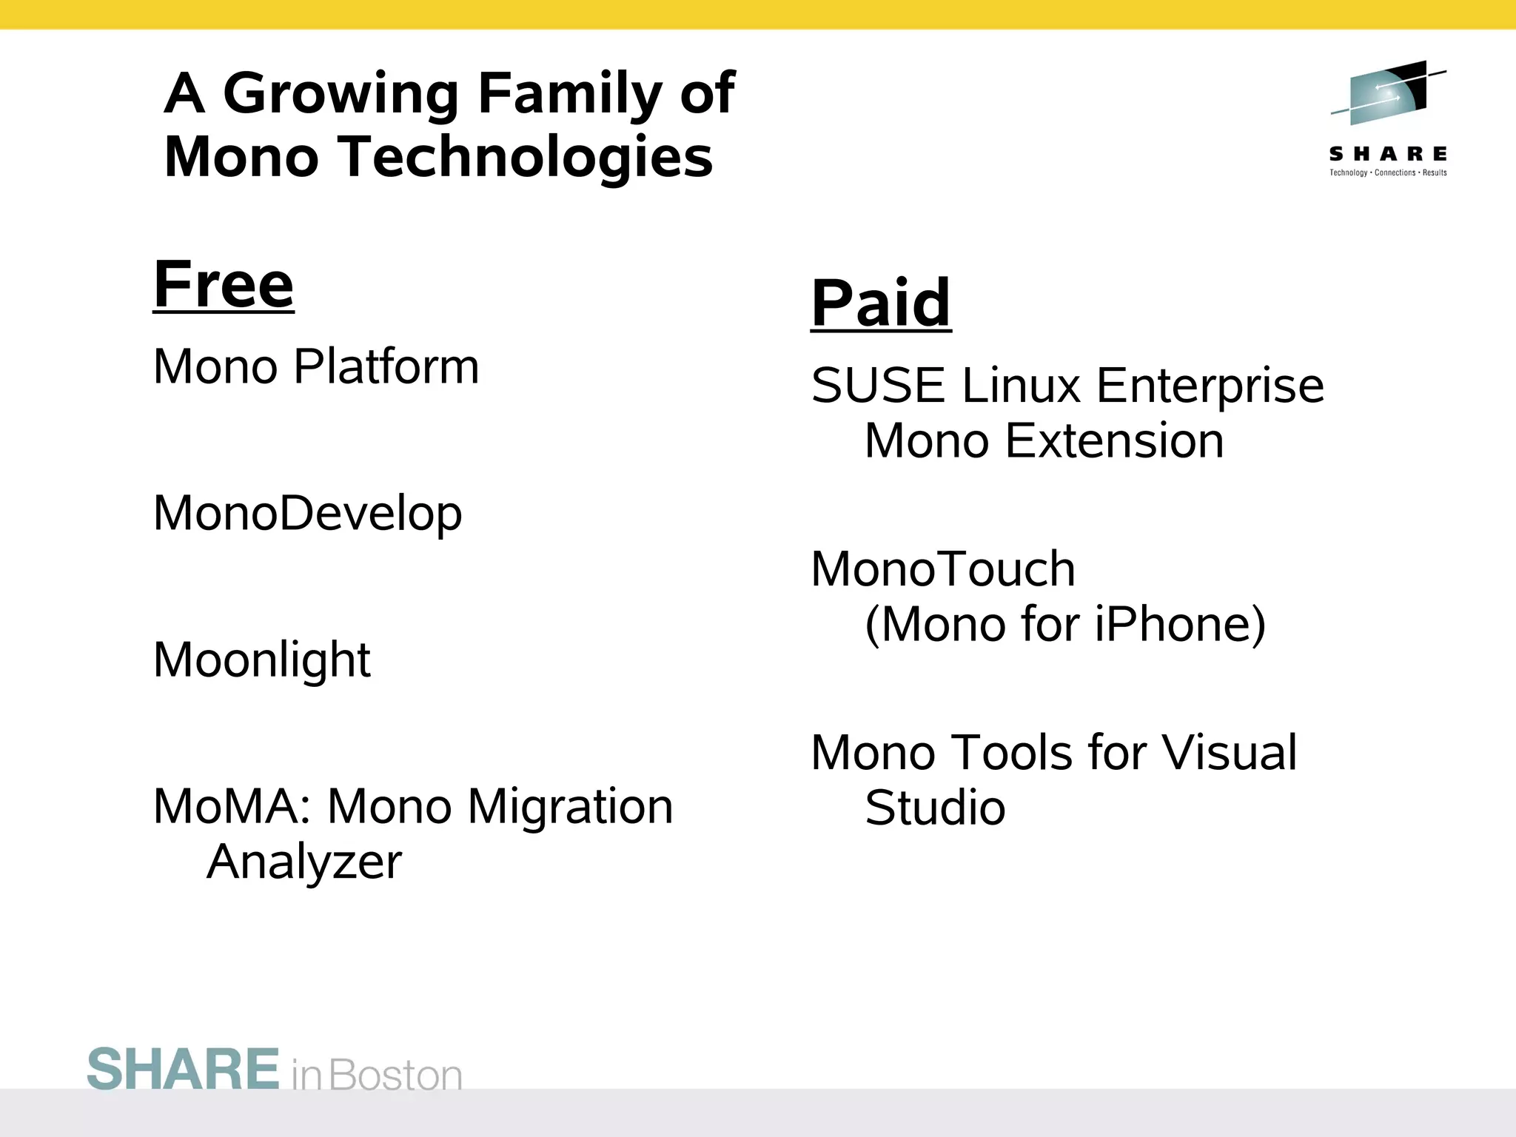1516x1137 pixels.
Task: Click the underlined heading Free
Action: pos(223,285)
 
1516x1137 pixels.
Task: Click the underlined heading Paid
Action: pos(880,303)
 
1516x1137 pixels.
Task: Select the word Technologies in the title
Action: pos(526,158)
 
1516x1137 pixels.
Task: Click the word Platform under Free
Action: pos(386,367)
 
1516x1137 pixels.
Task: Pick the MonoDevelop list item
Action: pos(307,514)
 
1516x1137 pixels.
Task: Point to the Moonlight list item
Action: pos(261,660)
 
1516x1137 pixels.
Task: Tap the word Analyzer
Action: pos(303,862)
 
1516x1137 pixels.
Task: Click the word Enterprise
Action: pos(1209,386)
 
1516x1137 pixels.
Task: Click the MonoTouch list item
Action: pos(942,570)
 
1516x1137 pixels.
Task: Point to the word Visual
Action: pos(1228,754)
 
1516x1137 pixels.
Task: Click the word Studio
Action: pos(935,808)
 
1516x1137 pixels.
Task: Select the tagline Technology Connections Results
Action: pos(1387,173)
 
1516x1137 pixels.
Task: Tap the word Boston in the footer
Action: pos(395,1076)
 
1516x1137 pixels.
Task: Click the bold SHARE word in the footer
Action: pos(183,1070)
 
